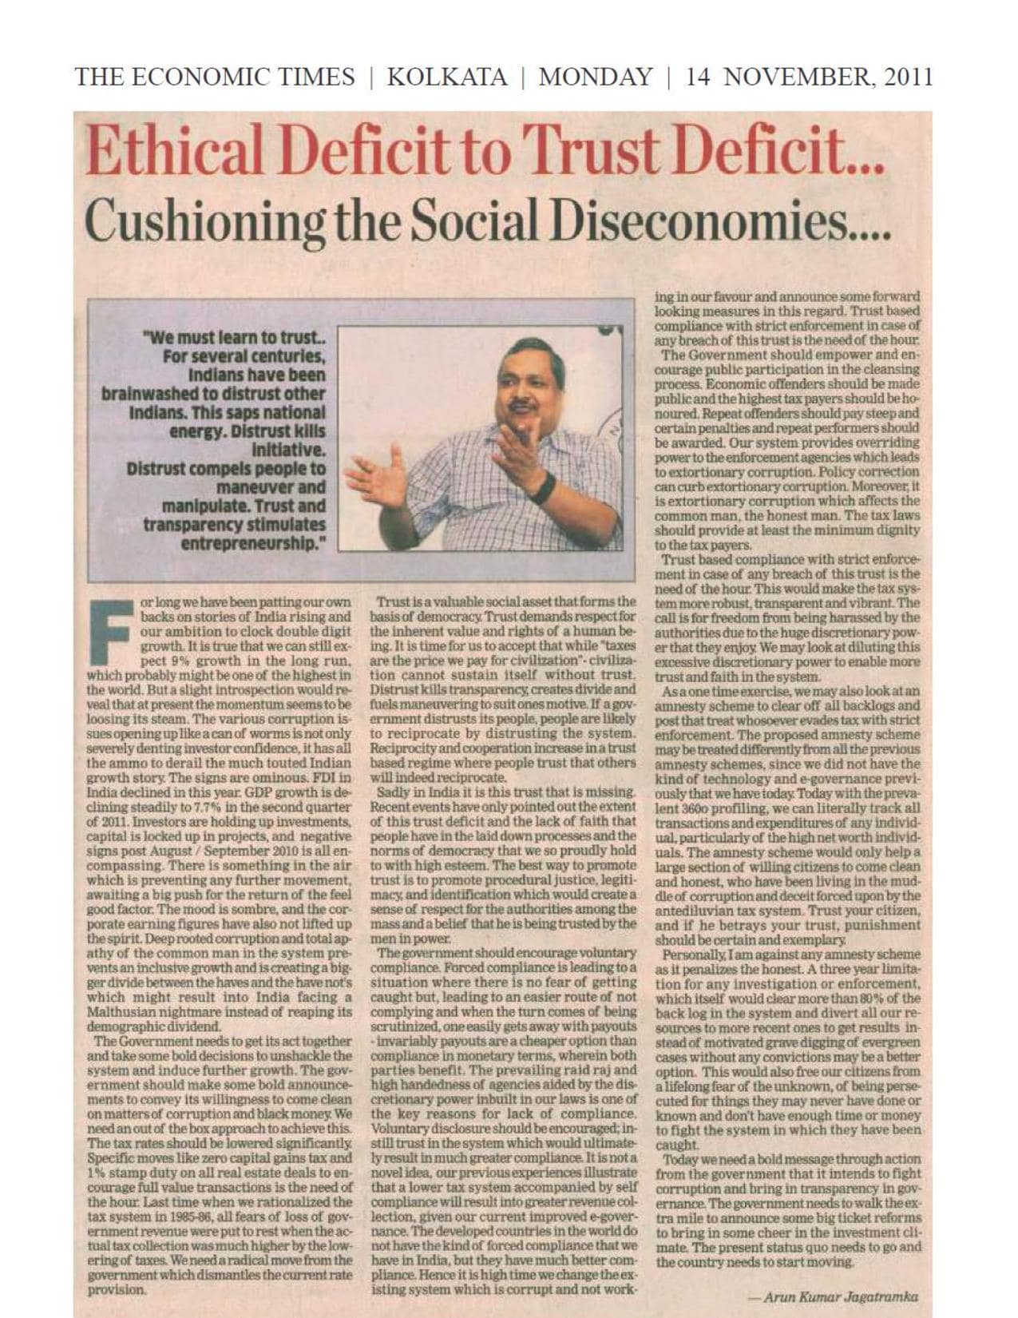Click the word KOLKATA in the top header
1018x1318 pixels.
(x=446, y=77)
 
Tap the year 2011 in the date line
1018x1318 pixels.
(x=904, y=77)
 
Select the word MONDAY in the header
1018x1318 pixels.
(x=595, y=77)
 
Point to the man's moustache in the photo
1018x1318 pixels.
(x=522, y=407)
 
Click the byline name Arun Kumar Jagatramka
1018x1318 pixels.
(x=839, y=1297)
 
